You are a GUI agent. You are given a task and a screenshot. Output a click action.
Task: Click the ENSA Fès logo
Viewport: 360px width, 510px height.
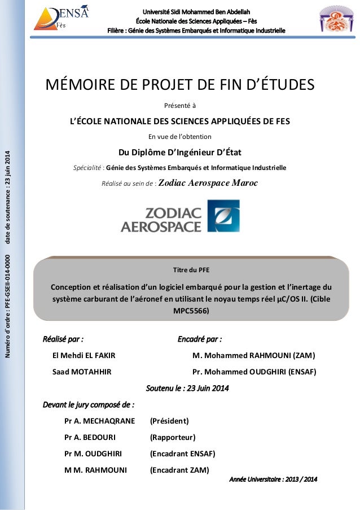click(62, 17)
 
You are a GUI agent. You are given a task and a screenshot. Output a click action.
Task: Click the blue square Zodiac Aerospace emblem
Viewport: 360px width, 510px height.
click(223, 215)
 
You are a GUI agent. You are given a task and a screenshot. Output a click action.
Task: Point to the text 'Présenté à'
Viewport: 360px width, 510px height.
click(180, 104)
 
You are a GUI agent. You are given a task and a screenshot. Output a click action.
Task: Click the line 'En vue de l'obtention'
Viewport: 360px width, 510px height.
click(179, 136)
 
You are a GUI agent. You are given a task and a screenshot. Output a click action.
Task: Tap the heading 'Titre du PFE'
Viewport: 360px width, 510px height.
click(192, 269)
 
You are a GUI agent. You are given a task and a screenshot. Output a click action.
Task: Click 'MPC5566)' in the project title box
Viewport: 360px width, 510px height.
click(191, 311)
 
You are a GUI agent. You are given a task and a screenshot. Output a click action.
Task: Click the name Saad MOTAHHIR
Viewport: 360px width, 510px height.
click(73, 372)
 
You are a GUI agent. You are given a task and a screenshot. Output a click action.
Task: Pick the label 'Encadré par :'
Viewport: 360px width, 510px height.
click(199, 339)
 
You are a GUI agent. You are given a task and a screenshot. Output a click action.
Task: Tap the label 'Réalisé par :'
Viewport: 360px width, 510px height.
click(63, 339)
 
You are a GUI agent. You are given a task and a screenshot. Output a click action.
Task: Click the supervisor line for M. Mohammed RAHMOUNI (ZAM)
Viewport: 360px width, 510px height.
click(253, 355)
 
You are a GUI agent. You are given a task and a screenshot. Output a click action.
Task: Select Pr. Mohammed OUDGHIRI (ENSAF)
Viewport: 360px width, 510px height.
click(254, 372)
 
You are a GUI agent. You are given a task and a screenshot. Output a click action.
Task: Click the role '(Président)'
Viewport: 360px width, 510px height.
click(169, 421)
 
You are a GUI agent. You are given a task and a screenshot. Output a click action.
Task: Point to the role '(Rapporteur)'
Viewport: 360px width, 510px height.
click(172, 437)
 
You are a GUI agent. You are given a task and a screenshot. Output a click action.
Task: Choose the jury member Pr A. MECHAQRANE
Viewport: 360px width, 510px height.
click(100, 421)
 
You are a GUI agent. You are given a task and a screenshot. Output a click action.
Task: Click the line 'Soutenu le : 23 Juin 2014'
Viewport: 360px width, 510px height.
click(187, 388)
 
